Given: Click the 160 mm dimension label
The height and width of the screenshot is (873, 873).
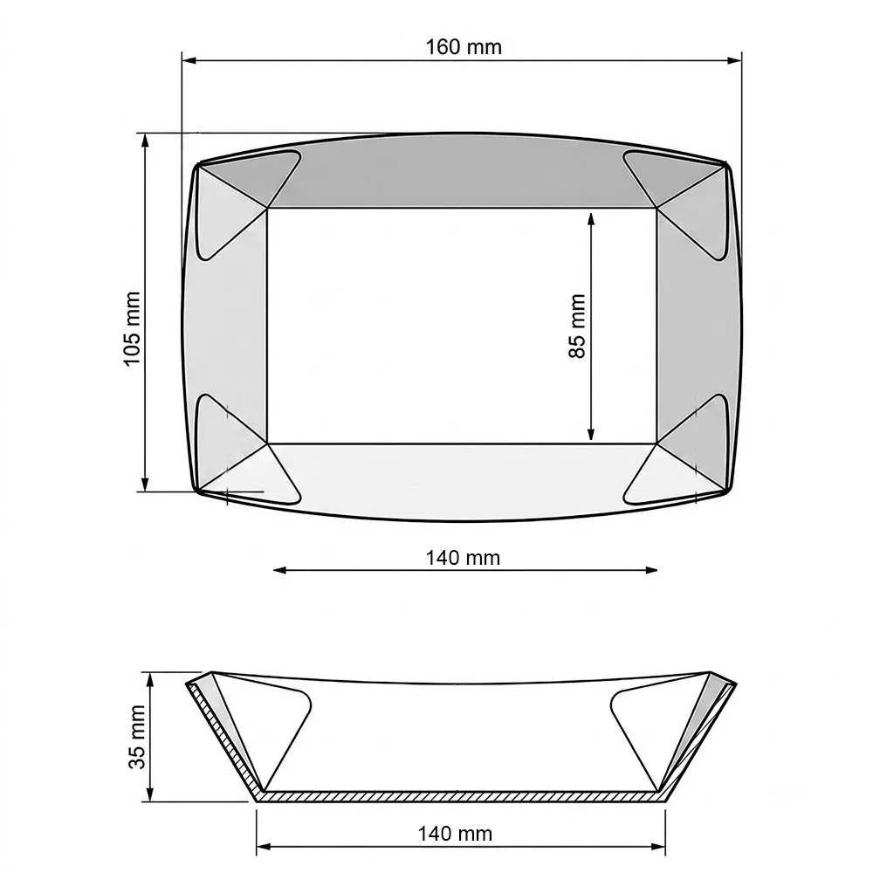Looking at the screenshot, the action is (464, 47).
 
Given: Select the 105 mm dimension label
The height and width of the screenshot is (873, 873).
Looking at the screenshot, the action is (132, 328).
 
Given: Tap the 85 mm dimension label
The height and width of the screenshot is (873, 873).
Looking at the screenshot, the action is (577, 327).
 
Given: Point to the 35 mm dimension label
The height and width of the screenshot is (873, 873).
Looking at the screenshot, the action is (137, 737).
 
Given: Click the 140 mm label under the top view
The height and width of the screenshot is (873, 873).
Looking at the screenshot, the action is (463, 557).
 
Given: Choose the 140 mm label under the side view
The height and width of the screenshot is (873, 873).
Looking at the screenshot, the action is (455, 834).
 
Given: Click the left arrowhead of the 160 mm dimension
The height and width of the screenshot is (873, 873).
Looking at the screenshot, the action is (189, 60).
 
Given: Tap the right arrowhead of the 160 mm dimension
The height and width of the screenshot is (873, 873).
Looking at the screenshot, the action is (734, 60).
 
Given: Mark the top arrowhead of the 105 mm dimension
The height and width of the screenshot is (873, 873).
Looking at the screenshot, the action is (145, 141).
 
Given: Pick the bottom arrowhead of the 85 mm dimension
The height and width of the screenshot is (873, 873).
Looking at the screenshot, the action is (591, 434).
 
